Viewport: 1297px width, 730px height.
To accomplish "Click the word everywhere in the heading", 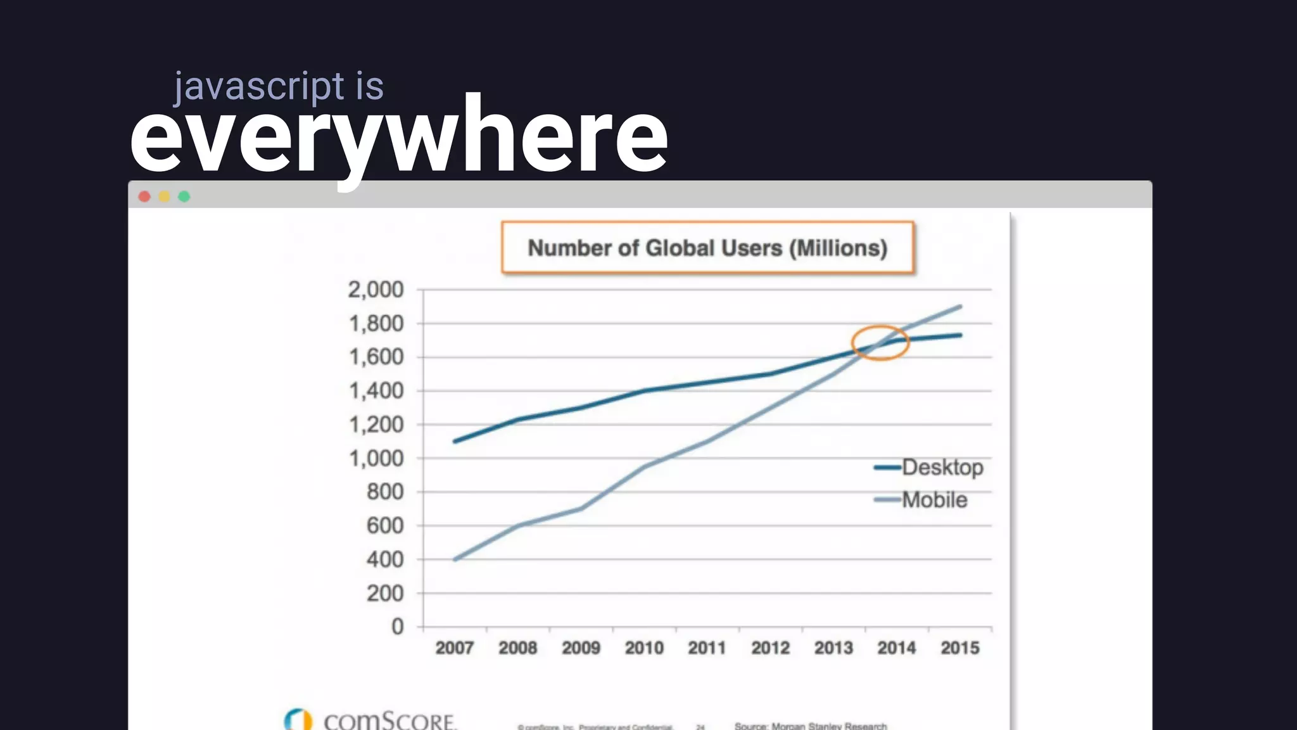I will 399,136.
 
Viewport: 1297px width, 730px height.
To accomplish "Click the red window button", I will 144,196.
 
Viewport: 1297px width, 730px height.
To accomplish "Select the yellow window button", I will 164,196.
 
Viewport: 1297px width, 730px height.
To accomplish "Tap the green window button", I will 184,196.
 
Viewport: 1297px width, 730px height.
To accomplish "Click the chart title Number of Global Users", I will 707,248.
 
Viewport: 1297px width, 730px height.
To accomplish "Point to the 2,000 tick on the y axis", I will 376,290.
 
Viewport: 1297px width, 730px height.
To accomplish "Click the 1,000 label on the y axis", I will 376,458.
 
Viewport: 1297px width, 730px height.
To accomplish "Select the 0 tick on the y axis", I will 397,627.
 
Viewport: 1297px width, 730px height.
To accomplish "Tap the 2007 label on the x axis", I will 454,648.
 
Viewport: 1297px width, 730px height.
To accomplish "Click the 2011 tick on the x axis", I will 707,648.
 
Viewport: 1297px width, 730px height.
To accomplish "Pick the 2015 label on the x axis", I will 959,648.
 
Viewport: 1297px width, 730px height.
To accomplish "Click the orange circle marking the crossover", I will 880,343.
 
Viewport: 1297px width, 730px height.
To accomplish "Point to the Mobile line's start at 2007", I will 455,560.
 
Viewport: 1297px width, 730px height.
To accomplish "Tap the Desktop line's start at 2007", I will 455,441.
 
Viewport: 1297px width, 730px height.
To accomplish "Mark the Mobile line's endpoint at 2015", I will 960,307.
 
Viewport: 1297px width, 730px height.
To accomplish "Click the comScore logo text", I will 389,721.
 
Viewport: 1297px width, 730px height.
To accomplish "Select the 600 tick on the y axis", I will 384,525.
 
